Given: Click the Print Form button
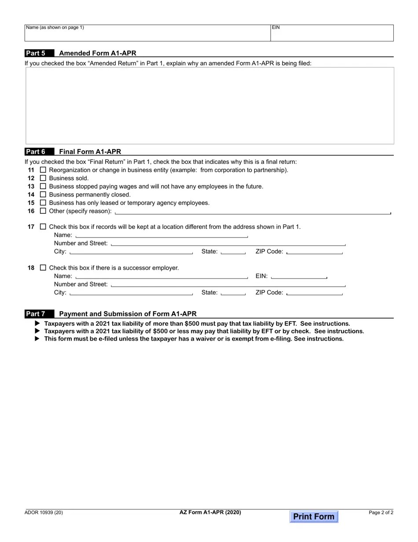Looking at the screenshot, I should (x=314, y=516).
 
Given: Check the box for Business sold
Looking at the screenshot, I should (x=43, y=178).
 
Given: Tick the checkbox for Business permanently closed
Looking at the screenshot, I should (x=43, y=194).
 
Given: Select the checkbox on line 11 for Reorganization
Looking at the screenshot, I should (x=43, y=170).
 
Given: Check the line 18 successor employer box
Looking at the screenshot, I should (x=43, y=267).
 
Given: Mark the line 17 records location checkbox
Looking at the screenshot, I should (x=43, y=226).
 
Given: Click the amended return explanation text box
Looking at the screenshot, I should (x=209, y=106).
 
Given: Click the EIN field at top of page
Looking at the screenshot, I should (x=332, y=33).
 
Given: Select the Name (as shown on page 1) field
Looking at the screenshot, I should (x=147, y=33).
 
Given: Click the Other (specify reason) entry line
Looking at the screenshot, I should (x=252, y=211).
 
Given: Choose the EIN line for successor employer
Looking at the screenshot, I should (x=299, y=276).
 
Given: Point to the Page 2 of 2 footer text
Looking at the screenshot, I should (x=381, y=512).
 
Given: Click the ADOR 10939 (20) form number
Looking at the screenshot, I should (x=44, y=512).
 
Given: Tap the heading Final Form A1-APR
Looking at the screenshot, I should (x=90, y=152).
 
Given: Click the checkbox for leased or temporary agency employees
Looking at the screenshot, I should (x=43, y=203).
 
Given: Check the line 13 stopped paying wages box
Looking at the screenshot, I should (x=43, y=186).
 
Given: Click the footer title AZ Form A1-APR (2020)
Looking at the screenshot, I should (x=210, y=512).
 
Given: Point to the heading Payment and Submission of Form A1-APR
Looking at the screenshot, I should (x=128, y=314).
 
